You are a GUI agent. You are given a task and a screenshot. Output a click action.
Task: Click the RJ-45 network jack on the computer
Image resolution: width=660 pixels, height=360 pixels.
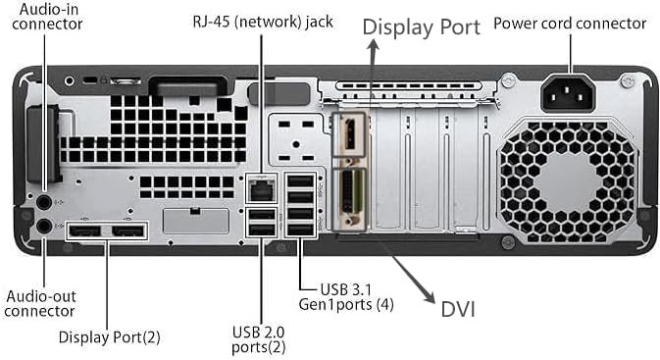coord(262,189)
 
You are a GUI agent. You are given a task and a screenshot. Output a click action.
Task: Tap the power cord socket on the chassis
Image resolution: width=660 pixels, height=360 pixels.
coord(568,93)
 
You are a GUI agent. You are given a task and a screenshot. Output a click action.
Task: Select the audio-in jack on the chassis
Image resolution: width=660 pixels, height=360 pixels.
coord(44,202)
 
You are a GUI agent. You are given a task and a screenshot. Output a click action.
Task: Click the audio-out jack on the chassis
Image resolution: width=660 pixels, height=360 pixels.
coord(44,227)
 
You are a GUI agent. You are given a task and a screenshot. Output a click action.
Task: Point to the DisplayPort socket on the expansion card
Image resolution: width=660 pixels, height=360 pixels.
coord(349,133)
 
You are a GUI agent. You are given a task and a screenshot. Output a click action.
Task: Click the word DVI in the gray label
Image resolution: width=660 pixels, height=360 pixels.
coord(458,309)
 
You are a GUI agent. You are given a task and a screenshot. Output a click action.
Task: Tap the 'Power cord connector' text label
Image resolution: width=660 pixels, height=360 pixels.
coord(570,24)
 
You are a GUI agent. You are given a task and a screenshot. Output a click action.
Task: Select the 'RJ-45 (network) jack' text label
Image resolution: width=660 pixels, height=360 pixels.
coord(263,22)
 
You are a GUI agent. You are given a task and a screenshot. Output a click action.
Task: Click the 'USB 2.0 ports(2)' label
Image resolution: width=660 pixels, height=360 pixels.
coord(259,339)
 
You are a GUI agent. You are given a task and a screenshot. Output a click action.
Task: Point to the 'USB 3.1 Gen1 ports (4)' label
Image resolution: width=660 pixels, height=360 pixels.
coord(346,297)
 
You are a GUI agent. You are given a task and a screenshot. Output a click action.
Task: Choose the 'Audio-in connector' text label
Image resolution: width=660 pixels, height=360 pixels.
coord(47,16)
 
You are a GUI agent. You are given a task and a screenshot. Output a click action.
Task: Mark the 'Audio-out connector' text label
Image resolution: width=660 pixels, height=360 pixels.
coord(40,303)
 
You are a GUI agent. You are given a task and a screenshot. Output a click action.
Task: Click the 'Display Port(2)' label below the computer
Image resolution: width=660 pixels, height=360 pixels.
coord(110,337)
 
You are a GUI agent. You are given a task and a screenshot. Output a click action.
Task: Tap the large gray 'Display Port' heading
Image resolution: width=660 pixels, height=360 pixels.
coord(422,27)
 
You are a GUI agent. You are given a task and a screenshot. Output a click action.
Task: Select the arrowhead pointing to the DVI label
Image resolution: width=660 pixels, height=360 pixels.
coord(430,296)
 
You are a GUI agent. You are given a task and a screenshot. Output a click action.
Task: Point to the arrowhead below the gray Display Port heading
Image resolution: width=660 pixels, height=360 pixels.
coord(373,45)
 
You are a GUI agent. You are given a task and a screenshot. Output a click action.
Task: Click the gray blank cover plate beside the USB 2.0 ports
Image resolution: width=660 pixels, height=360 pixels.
coord(196,221)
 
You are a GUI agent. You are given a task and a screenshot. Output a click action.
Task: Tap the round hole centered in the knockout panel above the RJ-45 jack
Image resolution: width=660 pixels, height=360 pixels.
coord(296,144)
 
